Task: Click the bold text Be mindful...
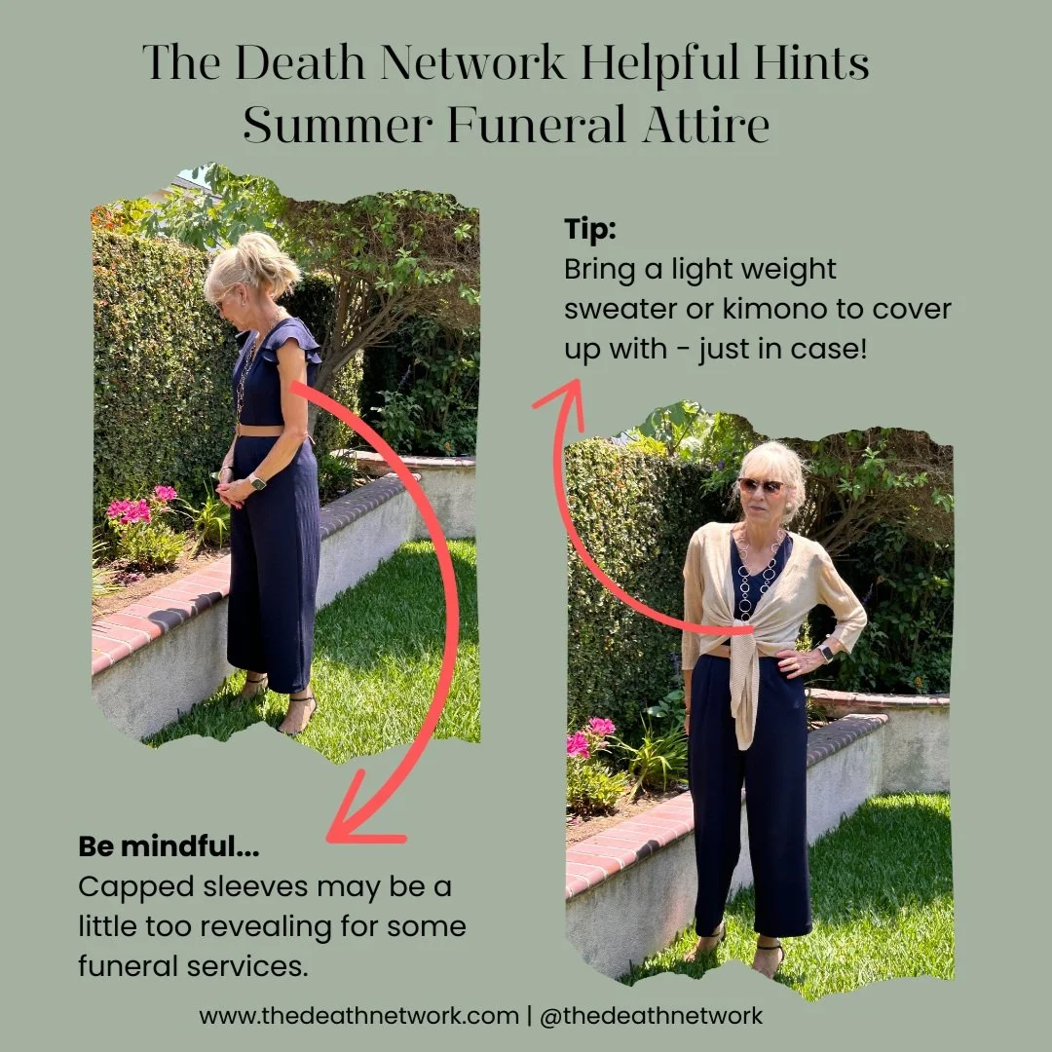coord(169,847)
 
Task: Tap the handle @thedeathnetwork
coord(651,1016)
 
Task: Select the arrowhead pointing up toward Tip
coord(562,399)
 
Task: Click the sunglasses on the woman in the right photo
coord(760,485)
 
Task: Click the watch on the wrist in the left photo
coord(257,482)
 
